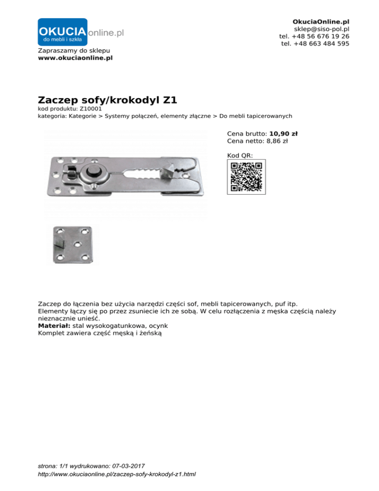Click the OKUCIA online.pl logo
click(80, 33)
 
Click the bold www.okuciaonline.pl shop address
click(75, 58)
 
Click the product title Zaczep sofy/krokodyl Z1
click(107, 100)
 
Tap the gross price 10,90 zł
click(283, 133)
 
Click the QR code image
click(246, 176)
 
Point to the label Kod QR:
click(240, 155)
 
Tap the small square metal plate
click(72, 245)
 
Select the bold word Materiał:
click(54, 327)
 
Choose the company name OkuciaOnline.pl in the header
click(321, 22)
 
